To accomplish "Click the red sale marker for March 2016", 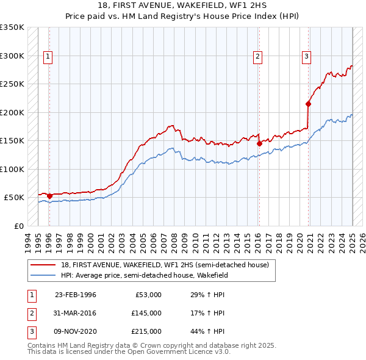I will point(259,144).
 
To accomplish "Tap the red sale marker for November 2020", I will point(308,104).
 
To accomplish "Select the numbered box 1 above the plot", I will point(48,57).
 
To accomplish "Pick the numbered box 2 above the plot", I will point(258,57).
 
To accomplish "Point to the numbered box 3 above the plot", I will point(306,57).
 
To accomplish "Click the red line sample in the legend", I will point(44,264).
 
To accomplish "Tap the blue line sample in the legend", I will point(44,275).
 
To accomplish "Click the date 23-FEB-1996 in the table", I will point(75,295).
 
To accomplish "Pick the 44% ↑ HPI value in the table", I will point(207,331).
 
